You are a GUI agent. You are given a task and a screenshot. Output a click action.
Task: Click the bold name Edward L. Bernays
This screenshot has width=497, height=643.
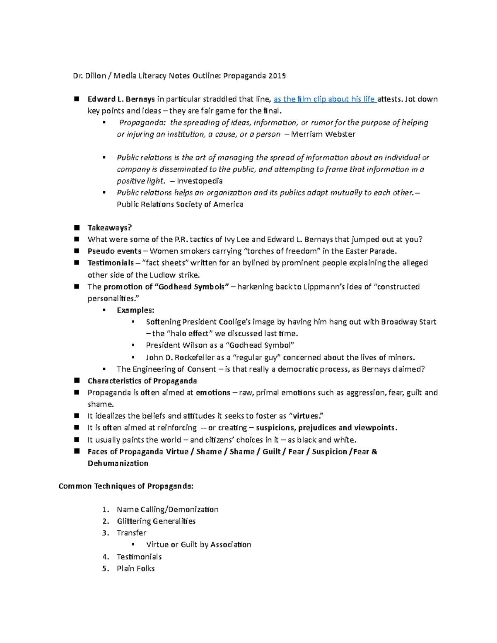coord(121,99)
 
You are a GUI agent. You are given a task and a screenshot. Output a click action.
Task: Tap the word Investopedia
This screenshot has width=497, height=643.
coord(200,181)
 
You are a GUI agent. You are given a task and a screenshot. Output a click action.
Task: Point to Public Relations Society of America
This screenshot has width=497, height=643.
coord(180,205)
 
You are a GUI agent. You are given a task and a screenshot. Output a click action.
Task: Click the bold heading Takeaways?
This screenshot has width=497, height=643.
coord(109,228)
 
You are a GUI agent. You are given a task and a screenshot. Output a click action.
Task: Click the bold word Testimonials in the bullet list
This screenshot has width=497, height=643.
coord(111,263)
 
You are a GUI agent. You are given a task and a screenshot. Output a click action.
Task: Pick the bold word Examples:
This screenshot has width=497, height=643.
coord(135,310)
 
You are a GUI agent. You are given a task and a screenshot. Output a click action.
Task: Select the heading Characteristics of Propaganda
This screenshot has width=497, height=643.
coord(142,381)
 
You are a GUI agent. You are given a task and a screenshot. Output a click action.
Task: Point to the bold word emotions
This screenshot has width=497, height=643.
coord(213,393)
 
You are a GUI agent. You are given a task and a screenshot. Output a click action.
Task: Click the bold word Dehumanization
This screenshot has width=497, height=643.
coord(118,463)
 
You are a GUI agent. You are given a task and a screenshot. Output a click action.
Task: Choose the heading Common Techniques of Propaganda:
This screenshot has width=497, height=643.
coord(126,486)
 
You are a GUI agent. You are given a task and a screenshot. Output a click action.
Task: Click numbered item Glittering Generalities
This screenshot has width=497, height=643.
coord(156,521)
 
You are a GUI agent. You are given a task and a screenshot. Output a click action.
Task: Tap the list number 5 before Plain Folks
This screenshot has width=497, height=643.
coord(105,568)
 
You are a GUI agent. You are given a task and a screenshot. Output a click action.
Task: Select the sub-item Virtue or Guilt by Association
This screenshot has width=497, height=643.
coord(198,544)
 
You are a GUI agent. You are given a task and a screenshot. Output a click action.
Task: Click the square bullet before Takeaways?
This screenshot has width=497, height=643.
coord(77,228)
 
